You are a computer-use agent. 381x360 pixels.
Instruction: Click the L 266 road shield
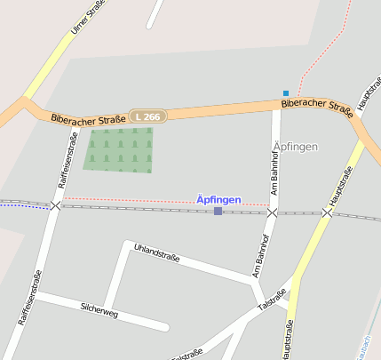point(147,116)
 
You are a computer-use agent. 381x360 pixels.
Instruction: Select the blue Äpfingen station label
point(218,200)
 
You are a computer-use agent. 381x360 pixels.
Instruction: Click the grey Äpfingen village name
point(295,145)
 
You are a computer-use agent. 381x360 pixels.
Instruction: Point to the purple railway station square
point(218,211)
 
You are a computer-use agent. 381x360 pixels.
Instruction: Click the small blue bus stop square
point(286,92)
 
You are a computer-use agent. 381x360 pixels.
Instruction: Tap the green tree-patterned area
point(118,148)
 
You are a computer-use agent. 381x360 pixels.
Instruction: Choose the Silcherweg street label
point(99,307)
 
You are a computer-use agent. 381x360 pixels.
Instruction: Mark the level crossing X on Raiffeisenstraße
point(56,205)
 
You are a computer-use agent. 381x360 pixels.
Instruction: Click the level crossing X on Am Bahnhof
point(273,212)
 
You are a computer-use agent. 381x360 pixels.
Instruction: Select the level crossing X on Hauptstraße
point(327,212)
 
